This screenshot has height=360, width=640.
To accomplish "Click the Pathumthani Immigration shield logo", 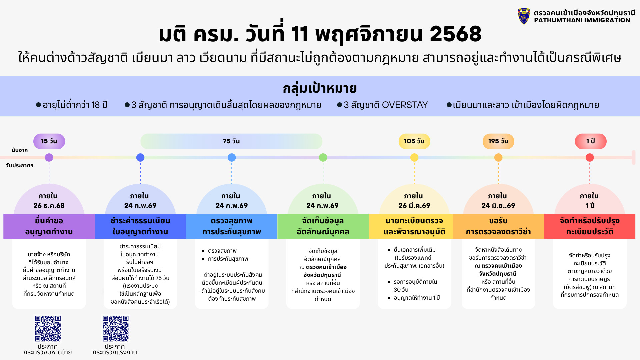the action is [524, 16].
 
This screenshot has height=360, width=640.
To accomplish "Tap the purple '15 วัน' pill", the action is [49, 141].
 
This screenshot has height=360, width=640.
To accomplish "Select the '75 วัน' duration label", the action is [231, 141].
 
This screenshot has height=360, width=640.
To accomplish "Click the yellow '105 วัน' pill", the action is [414, 141].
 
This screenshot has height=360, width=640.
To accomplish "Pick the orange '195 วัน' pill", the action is [498, 141].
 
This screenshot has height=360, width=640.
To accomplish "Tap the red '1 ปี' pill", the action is [591, 141].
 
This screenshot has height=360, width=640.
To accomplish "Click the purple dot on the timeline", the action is [49, 157].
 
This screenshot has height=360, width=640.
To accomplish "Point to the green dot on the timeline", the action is [323, 157].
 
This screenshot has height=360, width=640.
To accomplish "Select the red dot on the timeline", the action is [590, 157].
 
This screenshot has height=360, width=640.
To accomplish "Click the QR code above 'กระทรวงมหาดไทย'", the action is [48, 328].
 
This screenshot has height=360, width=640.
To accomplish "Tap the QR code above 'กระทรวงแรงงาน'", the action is [115, 328].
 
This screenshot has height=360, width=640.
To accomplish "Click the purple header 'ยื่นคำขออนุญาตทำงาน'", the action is [49, 226].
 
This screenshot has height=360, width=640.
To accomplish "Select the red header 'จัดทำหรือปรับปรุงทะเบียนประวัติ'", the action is [590, 226].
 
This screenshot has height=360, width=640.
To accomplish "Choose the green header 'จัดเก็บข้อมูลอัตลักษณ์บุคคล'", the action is [323, 226].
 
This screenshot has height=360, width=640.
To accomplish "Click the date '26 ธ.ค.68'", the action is [49, 206].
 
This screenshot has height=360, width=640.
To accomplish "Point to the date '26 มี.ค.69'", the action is [414, 206].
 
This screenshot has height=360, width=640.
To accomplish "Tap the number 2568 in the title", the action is [456, 34].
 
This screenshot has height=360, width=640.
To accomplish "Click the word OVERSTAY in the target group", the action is [405, 105].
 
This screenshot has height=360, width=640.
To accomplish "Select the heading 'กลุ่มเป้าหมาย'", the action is [320, 89].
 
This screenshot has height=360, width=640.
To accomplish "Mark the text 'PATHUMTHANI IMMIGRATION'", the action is [582, 20].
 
